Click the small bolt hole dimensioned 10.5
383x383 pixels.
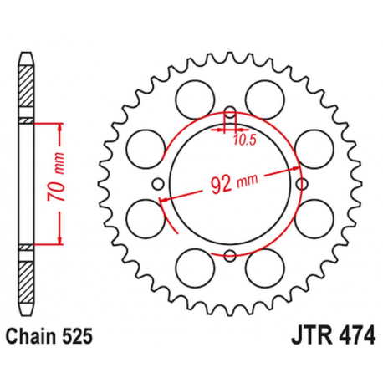pos(230,112)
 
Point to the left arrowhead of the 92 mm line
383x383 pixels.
pos(166,199)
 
